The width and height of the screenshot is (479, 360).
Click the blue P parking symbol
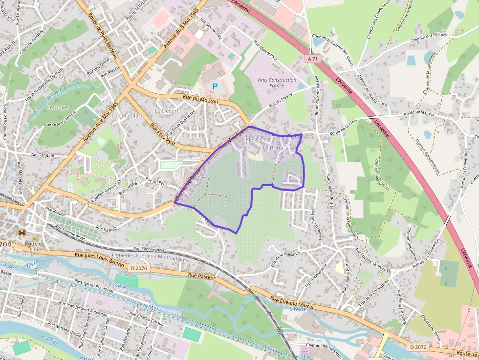click(x=215, y=86)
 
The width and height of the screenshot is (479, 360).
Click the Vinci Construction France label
click(x=276, y=83)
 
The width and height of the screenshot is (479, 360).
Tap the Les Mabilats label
click(x=127, y=116)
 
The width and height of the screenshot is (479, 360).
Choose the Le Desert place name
click(x=167, y=111)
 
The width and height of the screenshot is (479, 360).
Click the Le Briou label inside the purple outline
click(x=273, y=148)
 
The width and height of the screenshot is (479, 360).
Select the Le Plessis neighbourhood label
click(x=250, y=140)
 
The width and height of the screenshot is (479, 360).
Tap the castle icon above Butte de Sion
click(x=22, y=233)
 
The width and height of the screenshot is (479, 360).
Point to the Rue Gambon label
click(x=42, y=154)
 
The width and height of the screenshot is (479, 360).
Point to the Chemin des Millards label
click(x=429, y=40)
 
